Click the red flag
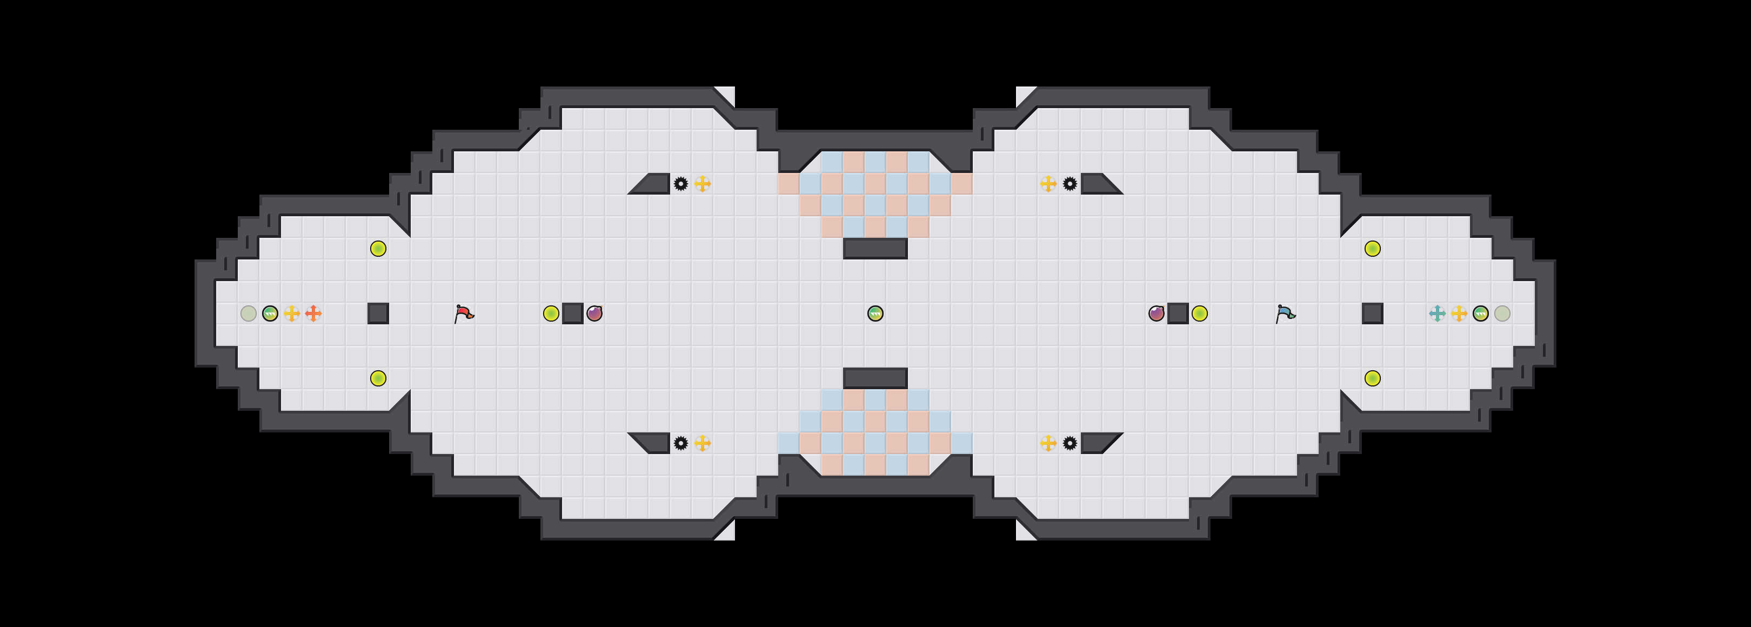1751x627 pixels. point(464,313)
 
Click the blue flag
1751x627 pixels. point(1285,313)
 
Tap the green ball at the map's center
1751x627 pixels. point(875,313)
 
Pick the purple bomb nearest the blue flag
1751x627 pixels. point(1156,313)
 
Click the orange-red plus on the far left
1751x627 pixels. point(313,313)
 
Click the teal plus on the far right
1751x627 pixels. point(1437,313)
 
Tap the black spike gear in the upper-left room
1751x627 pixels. point(680,184)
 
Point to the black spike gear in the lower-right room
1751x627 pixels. point(1070,443)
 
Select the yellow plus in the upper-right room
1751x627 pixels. point(1048,184)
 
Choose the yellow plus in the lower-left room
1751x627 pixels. point(702,443)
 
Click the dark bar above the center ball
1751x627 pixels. point(875,249)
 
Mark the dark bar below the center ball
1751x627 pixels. point(875,378)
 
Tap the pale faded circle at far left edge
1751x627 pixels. point(249,313)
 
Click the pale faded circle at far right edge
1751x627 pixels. point(1502,313)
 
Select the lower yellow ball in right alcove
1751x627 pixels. point(1372,378)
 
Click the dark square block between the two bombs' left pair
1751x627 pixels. point(573,313)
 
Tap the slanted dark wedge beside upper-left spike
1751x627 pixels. point(652,184)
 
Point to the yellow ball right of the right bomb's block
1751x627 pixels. point(1200,313)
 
